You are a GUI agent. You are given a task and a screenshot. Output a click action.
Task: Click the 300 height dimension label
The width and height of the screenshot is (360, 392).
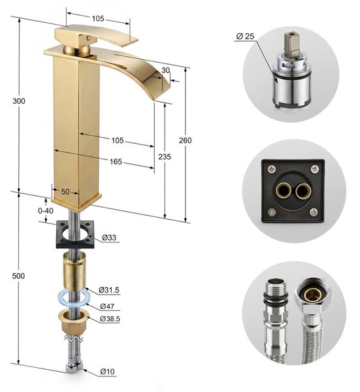19,101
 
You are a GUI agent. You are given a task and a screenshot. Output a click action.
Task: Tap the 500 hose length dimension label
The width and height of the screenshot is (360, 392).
19,276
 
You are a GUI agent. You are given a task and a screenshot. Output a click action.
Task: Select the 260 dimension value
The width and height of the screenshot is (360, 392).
186,140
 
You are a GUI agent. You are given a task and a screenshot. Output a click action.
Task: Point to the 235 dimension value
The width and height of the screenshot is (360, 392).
165,157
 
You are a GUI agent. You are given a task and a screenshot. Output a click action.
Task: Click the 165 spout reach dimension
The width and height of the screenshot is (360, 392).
116,162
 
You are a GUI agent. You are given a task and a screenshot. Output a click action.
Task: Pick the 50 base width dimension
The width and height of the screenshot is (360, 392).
65,191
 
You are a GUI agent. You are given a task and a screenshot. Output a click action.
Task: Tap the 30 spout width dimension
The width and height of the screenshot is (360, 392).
165,71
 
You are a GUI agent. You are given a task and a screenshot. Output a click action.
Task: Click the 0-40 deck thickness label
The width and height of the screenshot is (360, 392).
46,211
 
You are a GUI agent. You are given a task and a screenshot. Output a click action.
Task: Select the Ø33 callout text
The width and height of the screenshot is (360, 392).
109,238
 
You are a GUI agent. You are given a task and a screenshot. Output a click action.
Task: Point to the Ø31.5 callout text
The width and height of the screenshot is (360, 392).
109,290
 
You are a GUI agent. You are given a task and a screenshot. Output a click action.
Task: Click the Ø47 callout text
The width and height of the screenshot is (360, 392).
107,306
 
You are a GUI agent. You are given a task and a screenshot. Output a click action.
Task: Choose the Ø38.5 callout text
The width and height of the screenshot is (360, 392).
110,319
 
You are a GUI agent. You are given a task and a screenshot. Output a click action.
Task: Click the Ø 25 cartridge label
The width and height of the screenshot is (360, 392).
245,37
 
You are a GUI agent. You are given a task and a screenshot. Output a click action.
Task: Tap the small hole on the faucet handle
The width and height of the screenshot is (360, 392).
88,39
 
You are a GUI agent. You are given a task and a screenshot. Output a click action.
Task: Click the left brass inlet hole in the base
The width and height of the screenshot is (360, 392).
284,191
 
